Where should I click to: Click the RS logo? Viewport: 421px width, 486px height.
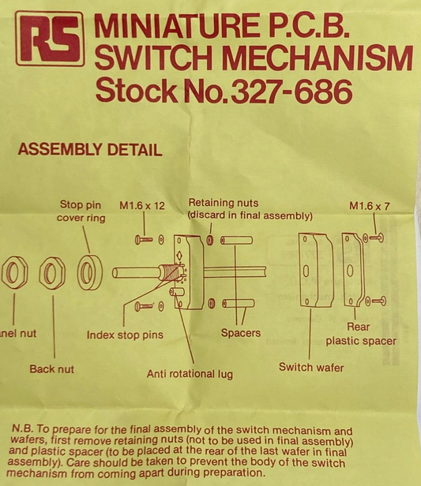point(50,38)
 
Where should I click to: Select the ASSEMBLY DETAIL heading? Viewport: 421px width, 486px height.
point(89,150)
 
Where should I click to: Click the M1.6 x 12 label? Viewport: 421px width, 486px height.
point(142,206)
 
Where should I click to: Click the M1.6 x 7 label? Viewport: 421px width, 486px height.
point(370,206)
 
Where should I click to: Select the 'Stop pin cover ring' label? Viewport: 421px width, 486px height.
point(81,211)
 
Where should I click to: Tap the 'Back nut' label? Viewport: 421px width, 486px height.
point(53,368)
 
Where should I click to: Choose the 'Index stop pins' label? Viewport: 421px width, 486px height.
point(125,335)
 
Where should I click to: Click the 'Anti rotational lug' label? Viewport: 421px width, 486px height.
point(190,374)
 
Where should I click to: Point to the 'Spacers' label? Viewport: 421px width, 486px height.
point(240,333)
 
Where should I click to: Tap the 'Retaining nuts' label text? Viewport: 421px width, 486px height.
point(250,209)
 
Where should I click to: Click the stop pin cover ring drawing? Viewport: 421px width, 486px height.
point(89,273)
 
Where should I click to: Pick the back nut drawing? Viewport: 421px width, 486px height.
point(52,273)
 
